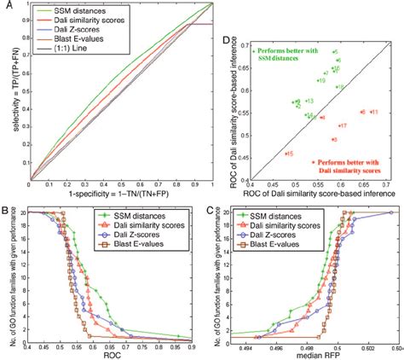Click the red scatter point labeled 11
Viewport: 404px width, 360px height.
(371, 112)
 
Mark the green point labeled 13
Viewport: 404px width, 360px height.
(304, 102)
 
